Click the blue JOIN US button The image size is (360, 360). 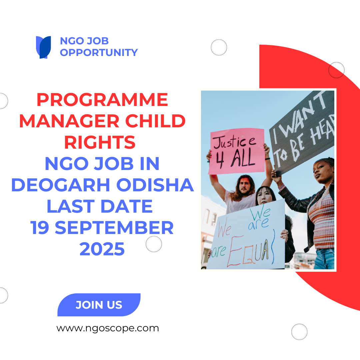pyautogui.click(x=99, y=305)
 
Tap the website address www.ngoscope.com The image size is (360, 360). pyautogui.click(x=108, y=328)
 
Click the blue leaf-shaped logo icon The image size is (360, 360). pyautogui.click(x=43, y=47)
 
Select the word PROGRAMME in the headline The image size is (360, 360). pyautogui.click(x=102, y=100)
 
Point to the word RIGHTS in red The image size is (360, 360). pyautogui.click(x=100, y=143)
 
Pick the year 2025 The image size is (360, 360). pyautogui.click(x=102, y=249)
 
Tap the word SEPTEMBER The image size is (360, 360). pyautogui.click(x=114, y=228)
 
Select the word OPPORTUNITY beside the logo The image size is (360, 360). pyautogui.click(x=99, y=53)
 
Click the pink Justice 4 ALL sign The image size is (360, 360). pyautogui.click(x=236, y=151)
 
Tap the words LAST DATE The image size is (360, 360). pyautogui.click(x=100, y=207)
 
